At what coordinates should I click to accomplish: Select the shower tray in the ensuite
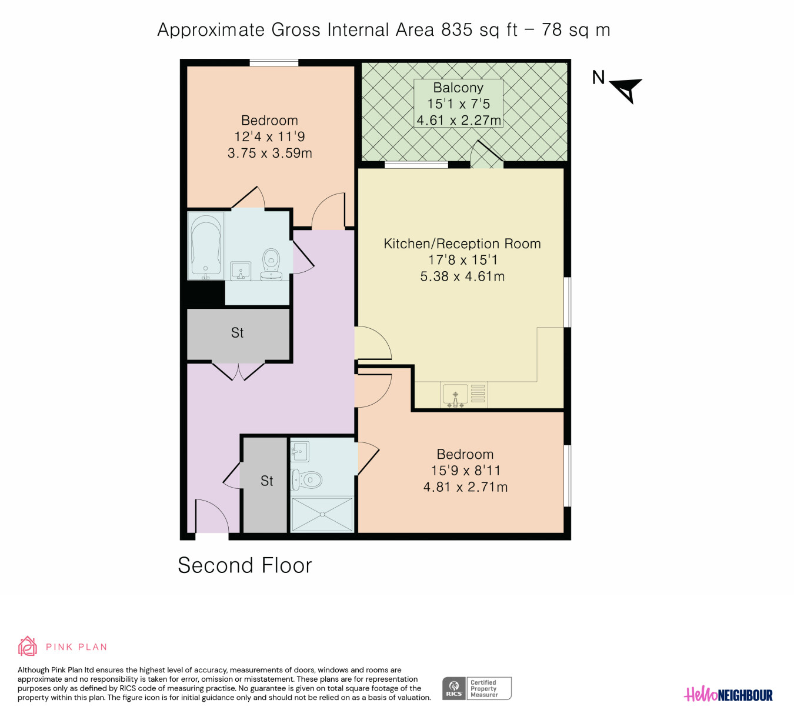click(x=322, y=515)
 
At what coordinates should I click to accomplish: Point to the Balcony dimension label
click(x=458, y=104)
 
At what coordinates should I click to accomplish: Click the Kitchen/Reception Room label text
click(x=462, y=244)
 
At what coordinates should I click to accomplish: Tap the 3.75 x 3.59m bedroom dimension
click(x=269, y=153)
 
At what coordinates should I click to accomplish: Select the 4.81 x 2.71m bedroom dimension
click(x=465, y=486)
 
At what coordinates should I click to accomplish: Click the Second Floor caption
click(x=245, y=565)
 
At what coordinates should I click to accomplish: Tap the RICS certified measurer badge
click(x=476, y=688)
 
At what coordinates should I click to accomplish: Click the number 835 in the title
click(x=457, y=29)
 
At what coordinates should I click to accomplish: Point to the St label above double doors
click(x=237, y=333)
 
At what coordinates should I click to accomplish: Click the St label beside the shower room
click(x=266, y=481)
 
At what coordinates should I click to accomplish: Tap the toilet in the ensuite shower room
click(x=306, y=479)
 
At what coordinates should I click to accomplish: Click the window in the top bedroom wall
click(x=273, y=62)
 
